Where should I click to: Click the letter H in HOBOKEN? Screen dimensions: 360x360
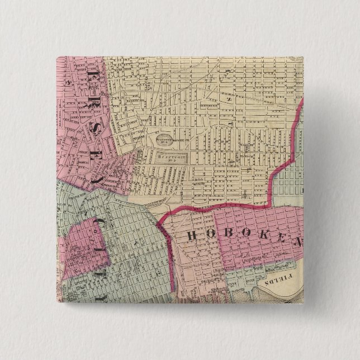(191, 235)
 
